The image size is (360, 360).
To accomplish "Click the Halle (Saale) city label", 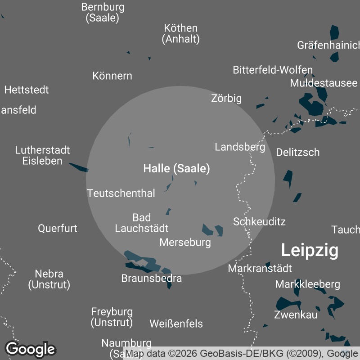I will (176, 169).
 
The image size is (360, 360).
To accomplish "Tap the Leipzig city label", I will (310, 251).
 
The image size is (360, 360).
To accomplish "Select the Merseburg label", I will (185, 243).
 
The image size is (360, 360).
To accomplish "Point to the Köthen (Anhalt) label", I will (181, 34).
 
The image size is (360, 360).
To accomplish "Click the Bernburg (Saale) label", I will (103, 13).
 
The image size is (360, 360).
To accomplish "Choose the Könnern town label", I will (112, 76).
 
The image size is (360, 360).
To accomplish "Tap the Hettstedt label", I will (27, 90).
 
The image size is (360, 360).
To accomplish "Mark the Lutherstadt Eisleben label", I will (42, 155).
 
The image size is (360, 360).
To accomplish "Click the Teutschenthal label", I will (121, 193).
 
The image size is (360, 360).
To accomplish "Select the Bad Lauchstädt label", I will (142, 223).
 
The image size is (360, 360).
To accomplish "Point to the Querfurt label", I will (58, 228).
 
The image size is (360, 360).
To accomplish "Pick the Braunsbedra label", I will (152, 279).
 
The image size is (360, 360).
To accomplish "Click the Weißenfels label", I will (176, 324).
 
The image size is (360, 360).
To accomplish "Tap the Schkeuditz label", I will (259, 221).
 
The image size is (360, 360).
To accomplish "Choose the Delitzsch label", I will (298, 152).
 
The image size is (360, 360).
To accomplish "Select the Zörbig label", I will (226, 98).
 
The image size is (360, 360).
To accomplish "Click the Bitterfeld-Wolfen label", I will (273, 70).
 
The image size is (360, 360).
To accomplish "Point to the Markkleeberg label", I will (308, 284).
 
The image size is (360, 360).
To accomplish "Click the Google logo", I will (30, 349).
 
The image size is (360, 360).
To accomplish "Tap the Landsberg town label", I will (240, 147).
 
